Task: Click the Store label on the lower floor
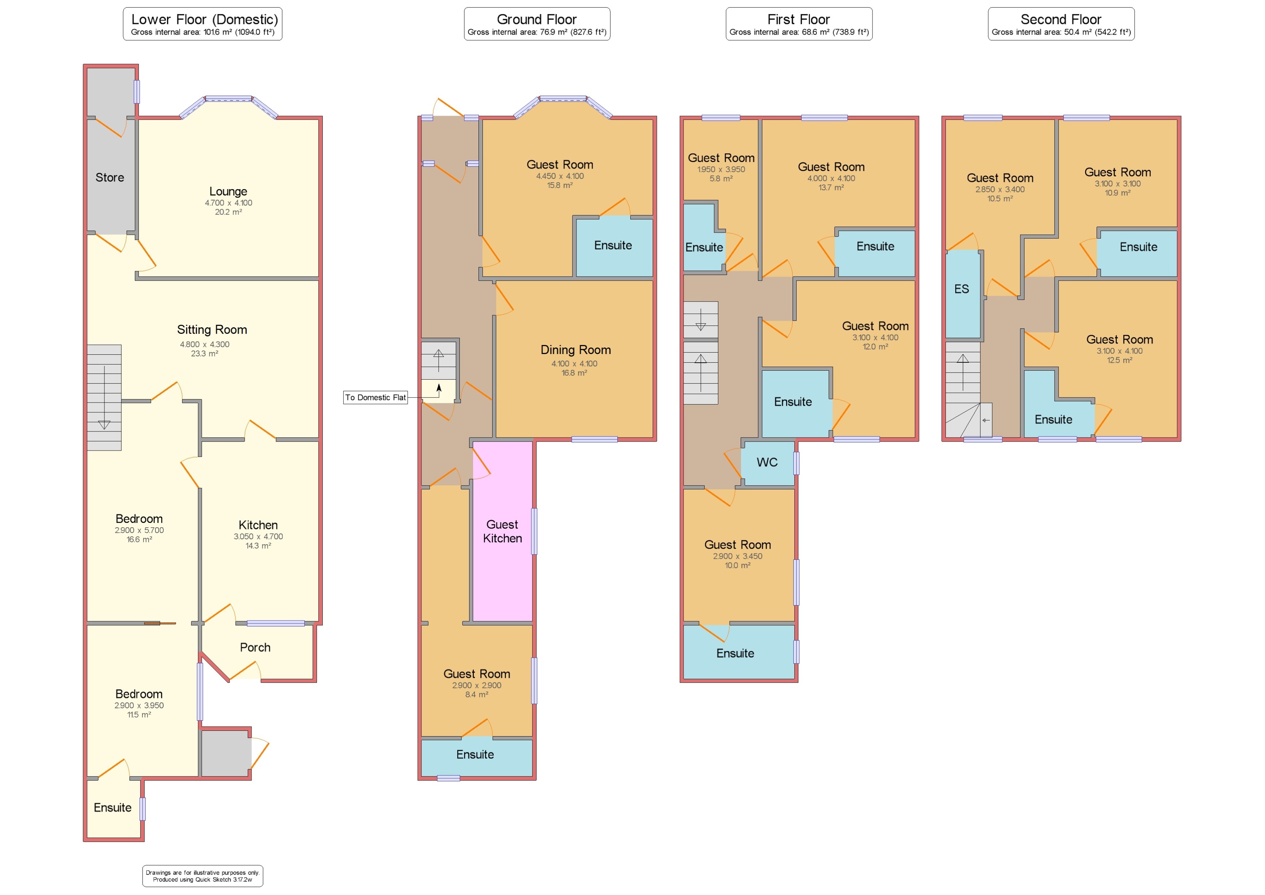tap(110, 178)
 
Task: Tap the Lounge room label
tap(228, 191)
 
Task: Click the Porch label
tap(255, 648)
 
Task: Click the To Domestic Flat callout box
tap(375, 397)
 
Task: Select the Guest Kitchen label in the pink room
tap(502, 531)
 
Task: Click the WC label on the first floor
tap(767, 463)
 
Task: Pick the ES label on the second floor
tap(961, 289)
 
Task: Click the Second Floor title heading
tap(1060, 19)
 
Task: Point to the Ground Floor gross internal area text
tap(537, 32)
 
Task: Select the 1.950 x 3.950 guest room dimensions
tap(721, 170)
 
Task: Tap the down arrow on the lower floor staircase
tap(104, 425)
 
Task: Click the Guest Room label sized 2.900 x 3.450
tap(737, 545)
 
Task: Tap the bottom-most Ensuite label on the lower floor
tap(112, 808)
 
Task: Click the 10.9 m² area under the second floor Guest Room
tap(1117, 193)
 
